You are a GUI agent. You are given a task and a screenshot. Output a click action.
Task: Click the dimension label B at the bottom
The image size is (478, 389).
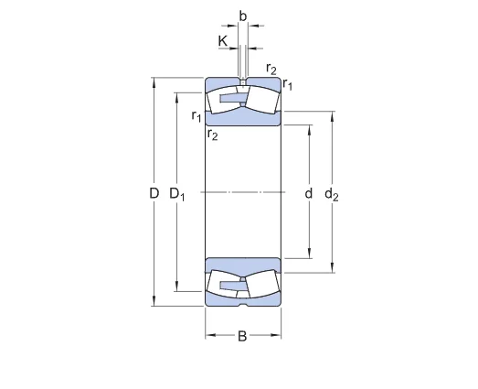(242, 336)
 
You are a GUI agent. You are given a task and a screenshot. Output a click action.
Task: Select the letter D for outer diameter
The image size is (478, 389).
(154, 193)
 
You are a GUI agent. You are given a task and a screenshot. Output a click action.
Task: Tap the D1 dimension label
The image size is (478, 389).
(177, 194)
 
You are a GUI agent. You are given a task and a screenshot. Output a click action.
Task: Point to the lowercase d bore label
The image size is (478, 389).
(309, 193)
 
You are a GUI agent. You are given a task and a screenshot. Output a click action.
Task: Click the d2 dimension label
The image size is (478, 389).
(332, 195)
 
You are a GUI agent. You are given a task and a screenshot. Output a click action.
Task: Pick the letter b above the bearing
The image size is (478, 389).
(243, 16)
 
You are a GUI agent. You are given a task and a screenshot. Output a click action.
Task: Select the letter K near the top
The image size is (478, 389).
(223, 41)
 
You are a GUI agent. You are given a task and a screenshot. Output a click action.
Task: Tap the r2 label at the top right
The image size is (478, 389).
(271, 69)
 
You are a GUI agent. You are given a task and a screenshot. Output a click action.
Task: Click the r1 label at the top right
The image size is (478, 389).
(288, 84)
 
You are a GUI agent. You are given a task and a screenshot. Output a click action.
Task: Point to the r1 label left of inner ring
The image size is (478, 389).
(197, 116)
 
